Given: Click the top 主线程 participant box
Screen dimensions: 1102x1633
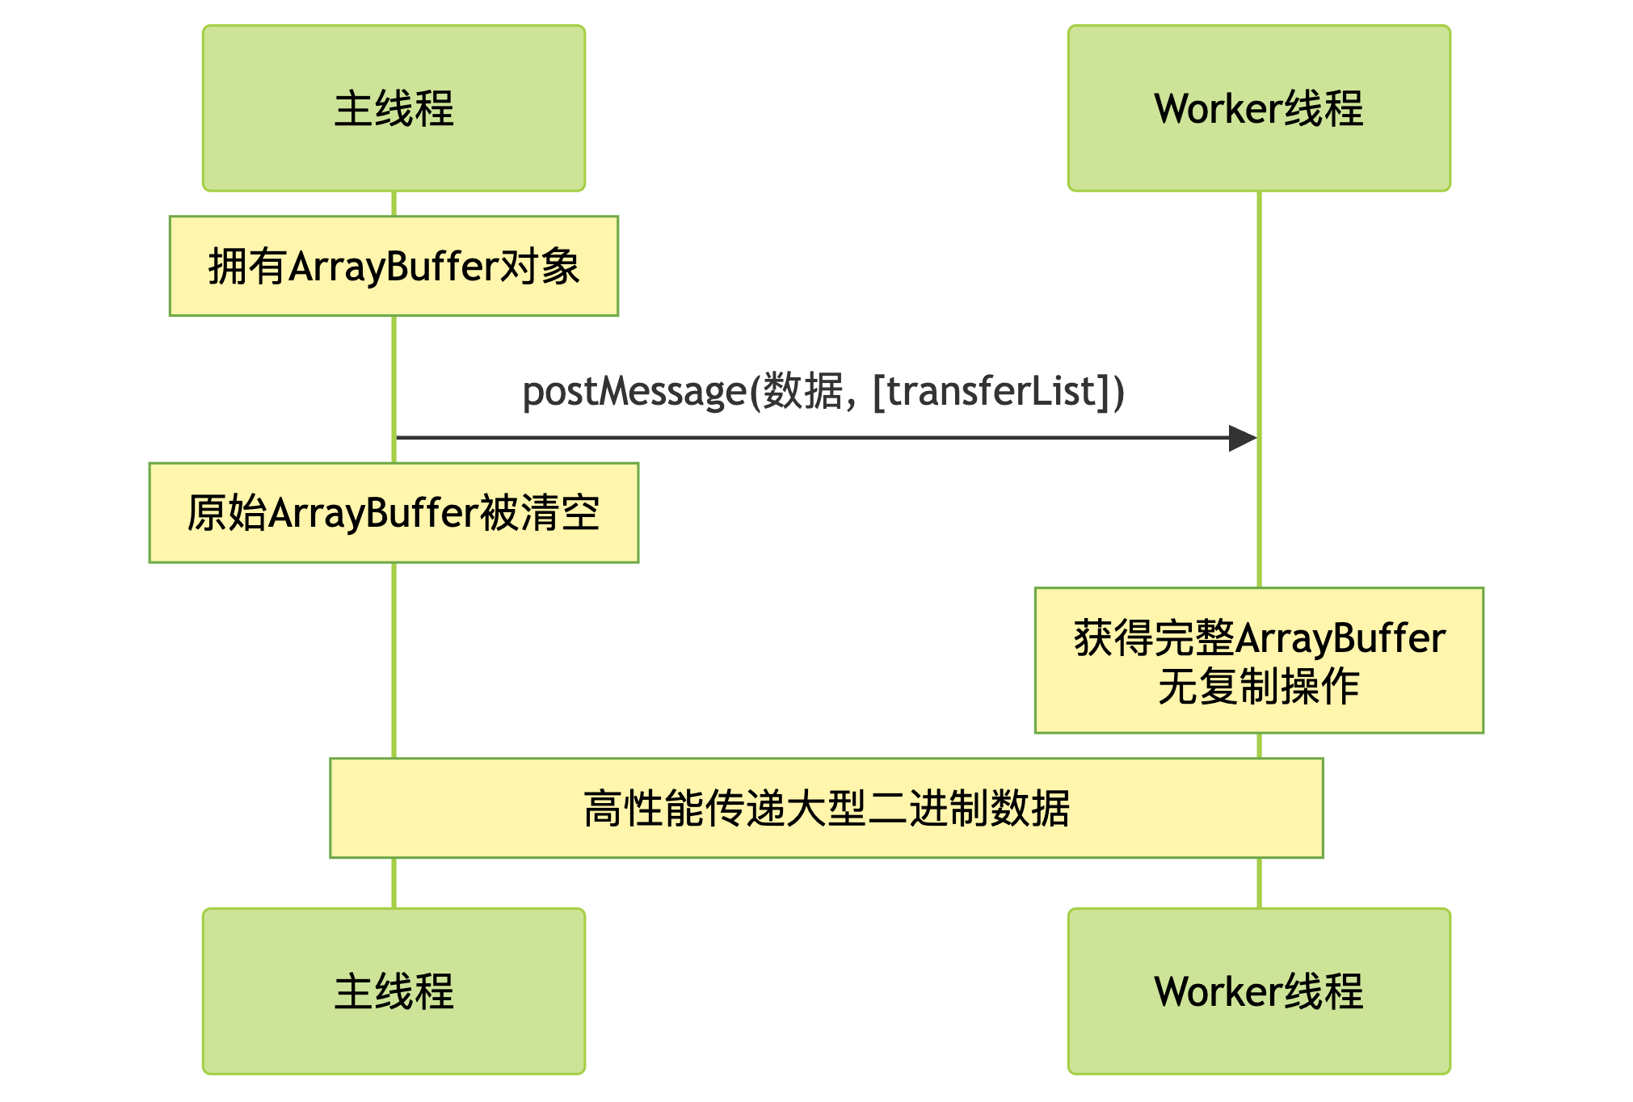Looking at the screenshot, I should coord(394,108).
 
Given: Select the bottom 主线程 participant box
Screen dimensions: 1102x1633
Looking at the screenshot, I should coord(394,991).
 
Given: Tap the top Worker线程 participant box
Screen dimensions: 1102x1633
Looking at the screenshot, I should coord(1259,108).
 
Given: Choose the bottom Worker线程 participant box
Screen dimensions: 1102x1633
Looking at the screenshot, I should coord(1259,991).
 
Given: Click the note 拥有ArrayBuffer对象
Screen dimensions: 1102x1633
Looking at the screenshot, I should coord(394,266).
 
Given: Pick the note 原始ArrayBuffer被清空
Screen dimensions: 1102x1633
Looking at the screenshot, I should coord(394,513).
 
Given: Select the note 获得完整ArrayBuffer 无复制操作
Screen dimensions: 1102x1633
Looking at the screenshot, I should coord(1259,660).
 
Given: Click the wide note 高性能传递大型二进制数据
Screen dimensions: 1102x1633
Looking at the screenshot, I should coord(826,808).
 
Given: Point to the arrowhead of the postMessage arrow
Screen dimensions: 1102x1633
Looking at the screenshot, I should coord(1243,438).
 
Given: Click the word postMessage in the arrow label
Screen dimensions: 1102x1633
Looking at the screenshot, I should coord(634,392).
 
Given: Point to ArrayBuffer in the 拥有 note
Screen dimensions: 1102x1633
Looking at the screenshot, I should coord(394,267).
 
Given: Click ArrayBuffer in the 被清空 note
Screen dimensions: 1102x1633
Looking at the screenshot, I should coord(373,514).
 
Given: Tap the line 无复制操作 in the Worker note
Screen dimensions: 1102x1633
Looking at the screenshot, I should coord(1259,687).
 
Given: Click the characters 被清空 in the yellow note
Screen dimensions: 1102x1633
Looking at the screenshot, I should coord(540,513).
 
